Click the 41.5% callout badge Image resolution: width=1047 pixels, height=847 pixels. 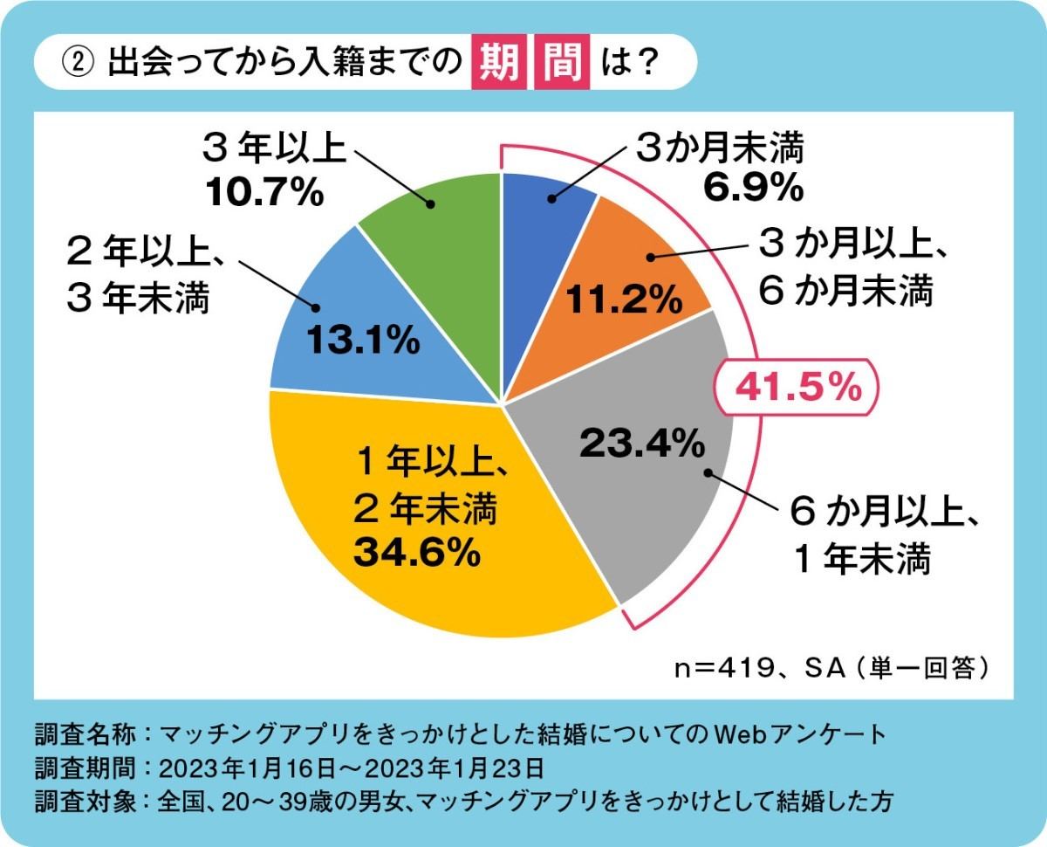click(794, 388)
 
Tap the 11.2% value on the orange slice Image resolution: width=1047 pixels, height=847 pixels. click(622, 299)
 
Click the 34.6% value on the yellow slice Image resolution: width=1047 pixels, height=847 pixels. click(417, 552)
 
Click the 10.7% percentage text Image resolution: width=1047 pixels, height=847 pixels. click(264, 194)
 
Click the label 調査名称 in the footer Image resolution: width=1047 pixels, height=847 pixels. click(86, 732)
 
